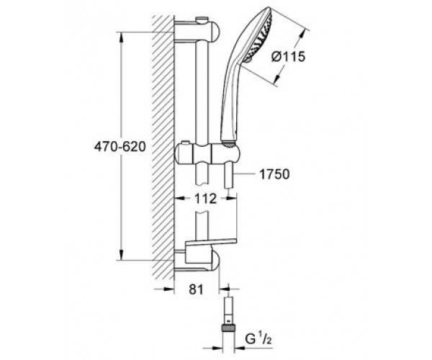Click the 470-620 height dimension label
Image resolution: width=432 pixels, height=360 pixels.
tap(120, 147)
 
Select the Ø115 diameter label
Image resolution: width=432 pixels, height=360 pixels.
tap(289, 57)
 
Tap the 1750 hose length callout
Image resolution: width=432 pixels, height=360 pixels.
tap(274, 174)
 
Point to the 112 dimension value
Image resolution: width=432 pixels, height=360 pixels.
tap(205, 199)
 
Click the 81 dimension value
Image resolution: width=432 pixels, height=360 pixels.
tap(196, 289)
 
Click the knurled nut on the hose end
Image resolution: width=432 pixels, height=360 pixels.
tap(228, 328)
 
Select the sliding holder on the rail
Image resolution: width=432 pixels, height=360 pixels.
tap(207, 153)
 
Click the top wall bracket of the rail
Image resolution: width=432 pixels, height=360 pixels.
tap(197, 32)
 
